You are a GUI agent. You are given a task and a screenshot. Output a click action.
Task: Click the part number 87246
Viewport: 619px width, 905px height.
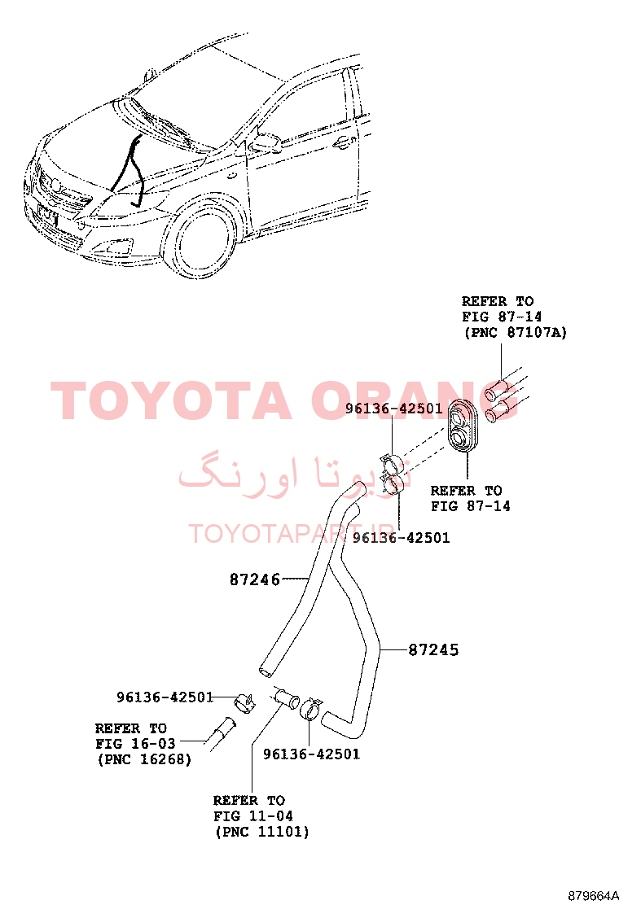pos(255,579)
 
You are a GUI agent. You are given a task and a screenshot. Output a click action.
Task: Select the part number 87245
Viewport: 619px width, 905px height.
pos(433,650)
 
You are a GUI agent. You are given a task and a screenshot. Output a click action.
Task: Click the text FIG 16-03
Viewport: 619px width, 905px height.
pos(135,743)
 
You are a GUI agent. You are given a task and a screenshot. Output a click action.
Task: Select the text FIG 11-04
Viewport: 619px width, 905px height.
pos(253,816)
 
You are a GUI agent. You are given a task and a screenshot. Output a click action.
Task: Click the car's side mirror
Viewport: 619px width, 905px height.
pos(264,142)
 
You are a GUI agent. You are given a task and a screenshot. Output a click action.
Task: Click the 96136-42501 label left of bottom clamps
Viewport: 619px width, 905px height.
pos(165,697)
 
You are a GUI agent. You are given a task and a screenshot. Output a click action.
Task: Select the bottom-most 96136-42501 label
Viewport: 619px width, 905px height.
pos(311,754)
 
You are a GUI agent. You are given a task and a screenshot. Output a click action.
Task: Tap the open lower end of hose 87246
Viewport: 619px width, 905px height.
pos(266,671)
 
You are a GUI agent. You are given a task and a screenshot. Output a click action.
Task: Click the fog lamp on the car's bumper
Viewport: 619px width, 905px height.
pos(114,248)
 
